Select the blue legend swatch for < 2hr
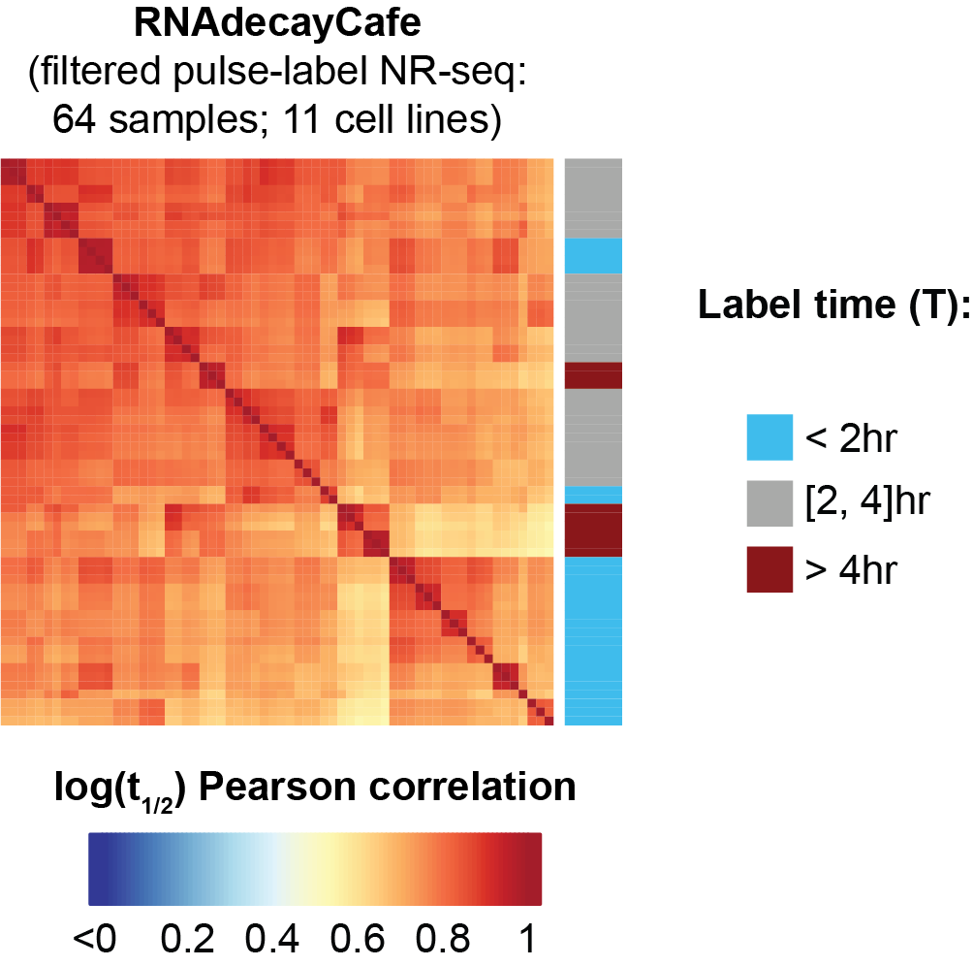pyautogui.click(x=769, y=437)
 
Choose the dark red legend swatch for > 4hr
pyautogui.click(x=769, y=569)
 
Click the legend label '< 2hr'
pyautogui.click(x=854, y=438)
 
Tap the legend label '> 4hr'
pyautogui.click(x=854, y=570)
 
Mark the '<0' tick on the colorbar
pyautogui.click(x=93, y=938)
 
